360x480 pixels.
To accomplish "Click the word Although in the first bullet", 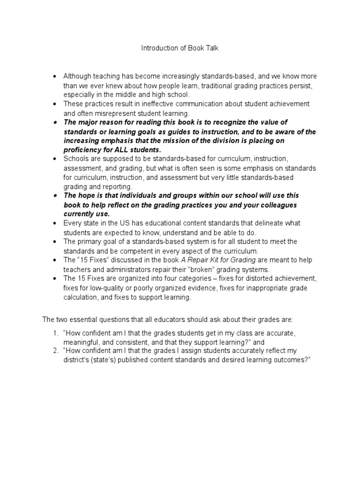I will pos(76,76).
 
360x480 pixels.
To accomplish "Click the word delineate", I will pos(283,223).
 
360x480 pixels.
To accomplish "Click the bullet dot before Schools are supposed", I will pos(55,159).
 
